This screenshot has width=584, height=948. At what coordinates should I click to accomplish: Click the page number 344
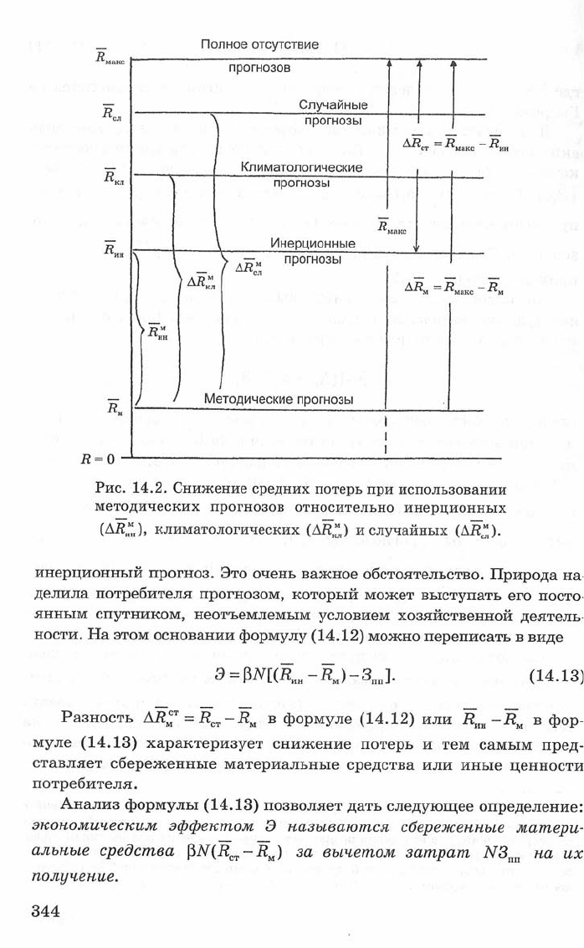tap(46, 910)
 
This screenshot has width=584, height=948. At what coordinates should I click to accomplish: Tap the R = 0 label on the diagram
tap(97, 459)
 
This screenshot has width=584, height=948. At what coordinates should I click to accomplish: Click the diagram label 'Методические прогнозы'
tap(279, 399)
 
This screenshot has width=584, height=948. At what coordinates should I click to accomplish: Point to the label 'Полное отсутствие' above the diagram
tap(259, 44)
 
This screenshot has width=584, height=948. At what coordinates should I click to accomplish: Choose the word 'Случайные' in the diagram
tap(333, 105)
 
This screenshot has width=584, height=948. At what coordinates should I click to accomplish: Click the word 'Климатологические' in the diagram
tap(302, 167)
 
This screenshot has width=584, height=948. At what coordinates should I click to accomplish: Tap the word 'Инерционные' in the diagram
tap(313, 243)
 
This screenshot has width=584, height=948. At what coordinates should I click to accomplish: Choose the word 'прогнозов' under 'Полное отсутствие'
tap(259, 68)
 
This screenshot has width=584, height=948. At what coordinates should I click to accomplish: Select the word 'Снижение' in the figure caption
tap(213, 488)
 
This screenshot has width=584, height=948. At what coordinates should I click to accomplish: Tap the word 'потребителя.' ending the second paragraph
tap(81, 785)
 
